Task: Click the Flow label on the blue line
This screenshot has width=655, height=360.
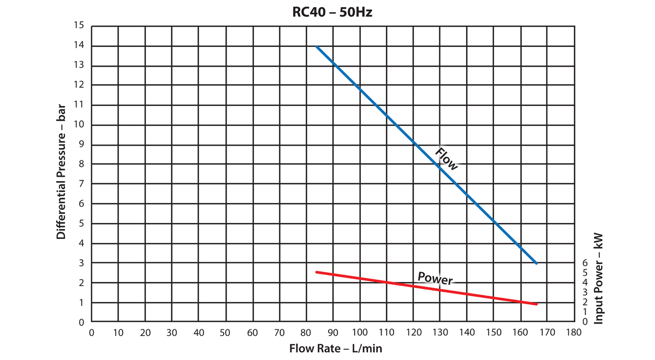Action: [x=446, y=159]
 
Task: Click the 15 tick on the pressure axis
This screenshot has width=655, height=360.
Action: [x=80, y=26]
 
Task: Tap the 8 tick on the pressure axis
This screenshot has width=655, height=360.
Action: [x=82, y=164]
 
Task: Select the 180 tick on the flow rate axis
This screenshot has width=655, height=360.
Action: [x=573, y=332]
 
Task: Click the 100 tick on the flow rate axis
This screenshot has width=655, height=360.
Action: [x=359, y=332]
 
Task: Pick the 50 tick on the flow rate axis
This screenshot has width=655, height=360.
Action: [x=225, y=332]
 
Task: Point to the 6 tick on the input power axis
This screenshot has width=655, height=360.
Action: [x=585, y=262]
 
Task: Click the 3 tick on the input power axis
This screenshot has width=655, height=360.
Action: [x=585, y=292]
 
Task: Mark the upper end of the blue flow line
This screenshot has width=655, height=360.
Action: [x=317, y=46]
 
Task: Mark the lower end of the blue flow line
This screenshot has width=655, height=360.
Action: [x=537, y=263]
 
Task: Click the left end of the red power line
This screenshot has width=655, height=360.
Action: [x=317, y=272]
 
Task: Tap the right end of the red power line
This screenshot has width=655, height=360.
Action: [x=537, y=304]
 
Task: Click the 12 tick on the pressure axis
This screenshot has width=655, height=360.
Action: [x=80, y=85]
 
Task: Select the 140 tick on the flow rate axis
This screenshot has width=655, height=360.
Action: [x=466, y=332]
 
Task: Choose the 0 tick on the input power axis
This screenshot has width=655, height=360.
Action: [x=585, y=322]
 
